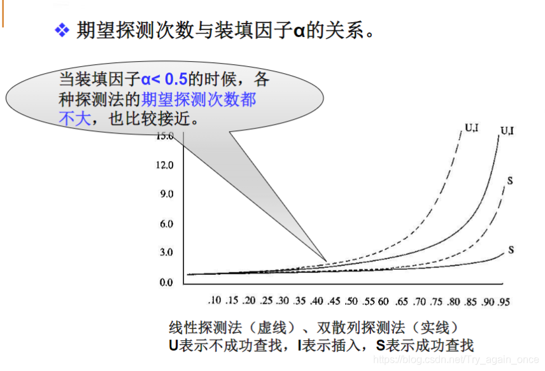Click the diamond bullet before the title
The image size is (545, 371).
[62, 31]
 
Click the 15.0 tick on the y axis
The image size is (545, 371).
[165, 136]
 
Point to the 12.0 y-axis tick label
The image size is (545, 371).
[165, 165]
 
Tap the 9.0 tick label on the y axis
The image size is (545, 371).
[167, 194]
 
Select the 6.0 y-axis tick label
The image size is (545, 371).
[167, 224]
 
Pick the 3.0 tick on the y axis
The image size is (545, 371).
[167, 253]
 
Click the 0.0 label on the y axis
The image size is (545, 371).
[167, 281]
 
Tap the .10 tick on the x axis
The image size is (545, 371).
[215, 300]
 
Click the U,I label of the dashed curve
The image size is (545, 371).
[472, 127]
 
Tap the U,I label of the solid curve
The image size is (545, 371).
[508, 130]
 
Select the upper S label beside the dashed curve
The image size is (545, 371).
[510, 181]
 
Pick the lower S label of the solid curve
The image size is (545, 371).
[511, 250]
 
